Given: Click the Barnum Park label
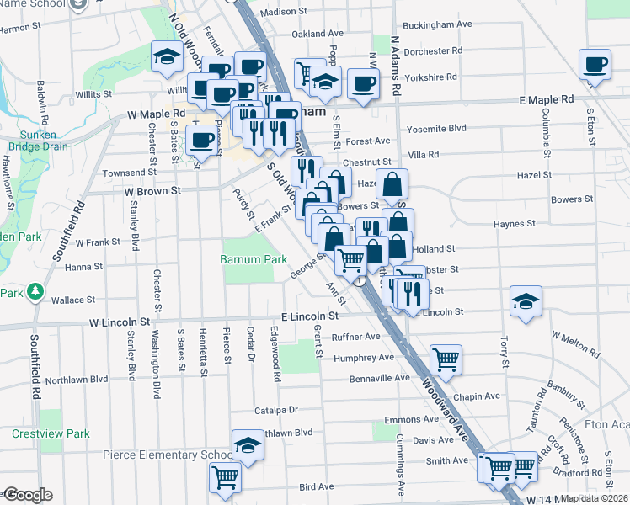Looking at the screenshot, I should tap(248, 260).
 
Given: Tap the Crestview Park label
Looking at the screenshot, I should tap(51, 433).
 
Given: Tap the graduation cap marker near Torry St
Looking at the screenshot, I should tap(526, 301).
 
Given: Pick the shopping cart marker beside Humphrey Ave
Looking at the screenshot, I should tap(446, 359).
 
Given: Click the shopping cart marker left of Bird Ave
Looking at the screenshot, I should tap(225, 477).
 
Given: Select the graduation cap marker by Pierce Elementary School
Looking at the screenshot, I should tap(248, 444).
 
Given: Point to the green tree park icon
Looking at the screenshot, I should tap(35, 292).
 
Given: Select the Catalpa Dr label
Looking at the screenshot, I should tap(276, 410).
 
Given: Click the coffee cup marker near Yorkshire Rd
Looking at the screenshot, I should tap(363, 82).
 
